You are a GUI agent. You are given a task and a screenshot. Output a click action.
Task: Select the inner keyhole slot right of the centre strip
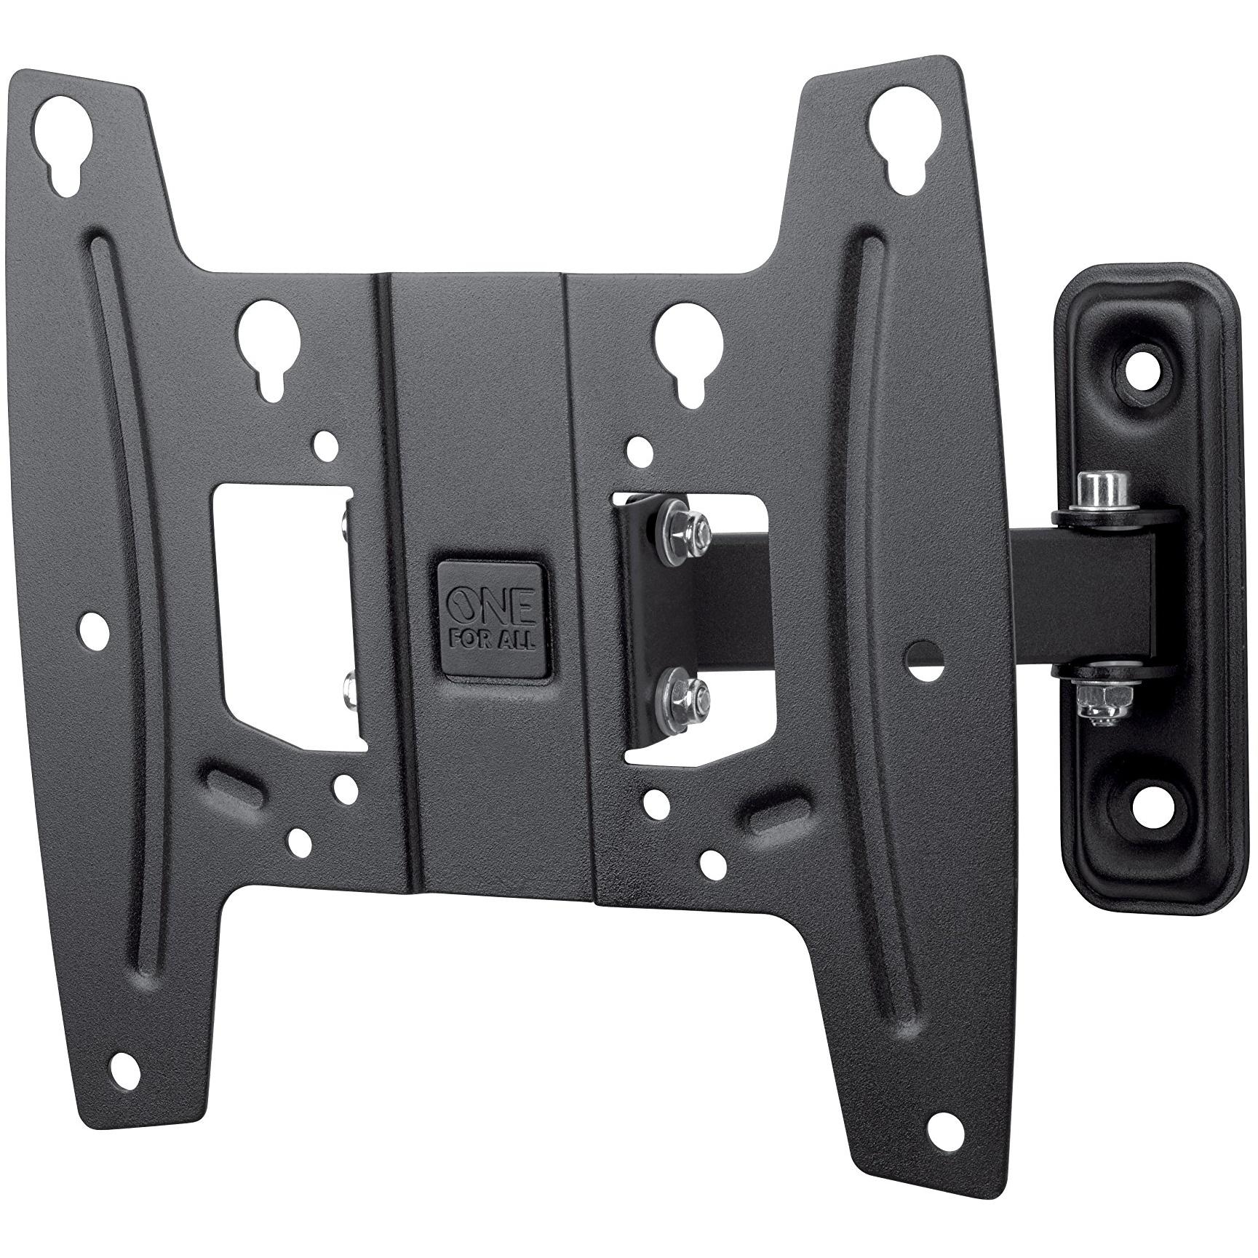687,342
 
